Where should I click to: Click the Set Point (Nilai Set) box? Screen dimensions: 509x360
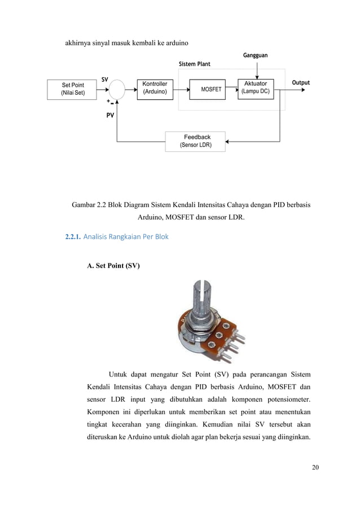(73, 89)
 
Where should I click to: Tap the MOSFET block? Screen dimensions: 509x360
(211, 89)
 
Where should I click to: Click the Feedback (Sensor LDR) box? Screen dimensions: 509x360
(196, 141)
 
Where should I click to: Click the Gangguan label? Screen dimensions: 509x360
(255, 55)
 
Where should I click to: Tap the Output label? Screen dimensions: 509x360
(300, 83)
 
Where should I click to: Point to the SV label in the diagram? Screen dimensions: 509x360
(105, 80)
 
